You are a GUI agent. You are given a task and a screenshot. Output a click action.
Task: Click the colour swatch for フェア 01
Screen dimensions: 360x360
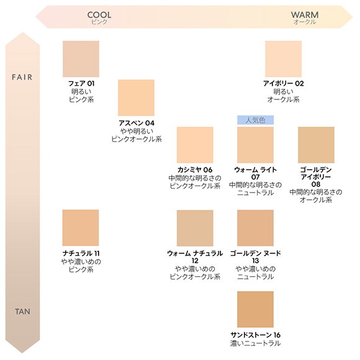(81, 59)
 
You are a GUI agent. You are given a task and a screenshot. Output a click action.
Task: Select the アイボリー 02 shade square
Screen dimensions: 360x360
(283, 59)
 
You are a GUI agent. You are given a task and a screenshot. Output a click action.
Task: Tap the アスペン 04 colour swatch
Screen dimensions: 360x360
(136, 98)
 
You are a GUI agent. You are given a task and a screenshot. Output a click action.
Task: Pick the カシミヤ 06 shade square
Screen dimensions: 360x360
(195, 145)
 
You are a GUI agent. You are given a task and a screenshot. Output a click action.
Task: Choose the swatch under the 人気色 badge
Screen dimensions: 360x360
(255, 145)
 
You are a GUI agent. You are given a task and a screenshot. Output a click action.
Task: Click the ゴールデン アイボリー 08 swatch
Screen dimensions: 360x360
(316, 145)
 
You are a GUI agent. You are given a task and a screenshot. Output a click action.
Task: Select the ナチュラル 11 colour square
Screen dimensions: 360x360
(81, 228)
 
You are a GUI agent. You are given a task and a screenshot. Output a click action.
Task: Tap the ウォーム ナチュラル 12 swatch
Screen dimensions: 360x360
(195, 228)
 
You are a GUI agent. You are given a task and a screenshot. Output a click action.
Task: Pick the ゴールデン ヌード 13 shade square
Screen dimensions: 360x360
(255, 228)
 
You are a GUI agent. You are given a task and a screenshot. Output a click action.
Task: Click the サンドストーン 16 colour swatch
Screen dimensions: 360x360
(255, 309)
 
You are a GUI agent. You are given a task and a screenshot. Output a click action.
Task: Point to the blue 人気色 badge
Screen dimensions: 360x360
(255, 120)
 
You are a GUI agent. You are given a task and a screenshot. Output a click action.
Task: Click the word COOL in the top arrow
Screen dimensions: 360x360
(99, 15)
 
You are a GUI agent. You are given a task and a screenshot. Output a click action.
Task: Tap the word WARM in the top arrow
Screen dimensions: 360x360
(305, 15)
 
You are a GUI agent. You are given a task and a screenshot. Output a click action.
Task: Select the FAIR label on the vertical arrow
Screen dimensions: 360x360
(22, 77)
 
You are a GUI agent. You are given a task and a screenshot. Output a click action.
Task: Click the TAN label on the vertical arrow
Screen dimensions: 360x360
(22, 312)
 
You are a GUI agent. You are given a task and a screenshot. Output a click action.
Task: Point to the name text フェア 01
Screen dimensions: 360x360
(81, 83)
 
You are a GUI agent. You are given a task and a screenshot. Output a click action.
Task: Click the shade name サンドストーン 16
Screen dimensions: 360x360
(255, 335)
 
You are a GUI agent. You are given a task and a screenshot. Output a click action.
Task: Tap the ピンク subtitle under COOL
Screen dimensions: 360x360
(99, 22)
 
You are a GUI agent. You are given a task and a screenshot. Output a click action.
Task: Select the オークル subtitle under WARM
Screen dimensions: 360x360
(305, 22)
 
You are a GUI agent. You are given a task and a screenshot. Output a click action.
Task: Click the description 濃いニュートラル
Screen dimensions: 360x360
(255, 343)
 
